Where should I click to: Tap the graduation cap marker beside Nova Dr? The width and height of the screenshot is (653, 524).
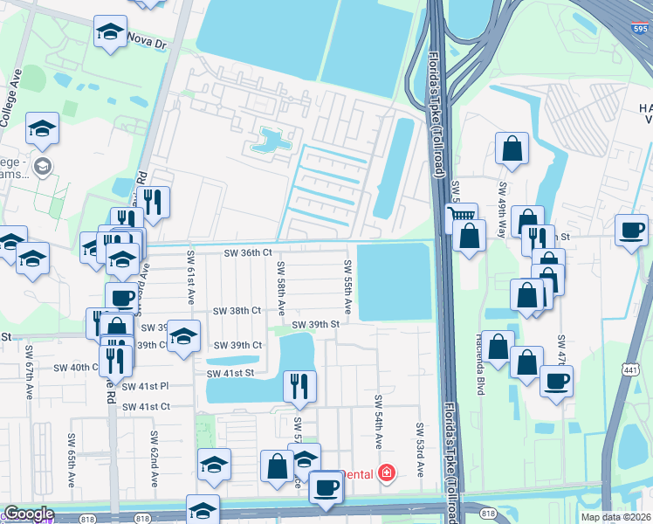111,32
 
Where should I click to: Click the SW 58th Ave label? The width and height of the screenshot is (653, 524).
281,288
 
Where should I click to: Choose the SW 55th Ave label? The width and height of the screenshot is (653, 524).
347,288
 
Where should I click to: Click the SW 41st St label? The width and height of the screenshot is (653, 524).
230,374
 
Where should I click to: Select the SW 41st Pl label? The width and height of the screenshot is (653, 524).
145,385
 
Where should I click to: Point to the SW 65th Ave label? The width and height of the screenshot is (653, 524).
71,450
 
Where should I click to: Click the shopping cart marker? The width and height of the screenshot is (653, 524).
461,215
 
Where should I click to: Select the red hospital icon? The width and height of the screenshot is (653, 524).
386,474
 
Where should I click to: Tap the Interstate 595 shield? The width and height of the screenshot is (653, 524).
639,26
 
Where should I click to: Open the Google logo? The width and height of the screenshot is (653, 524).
28,514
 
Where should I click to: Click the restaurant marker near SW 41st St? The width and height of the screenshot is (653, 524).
299,385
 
